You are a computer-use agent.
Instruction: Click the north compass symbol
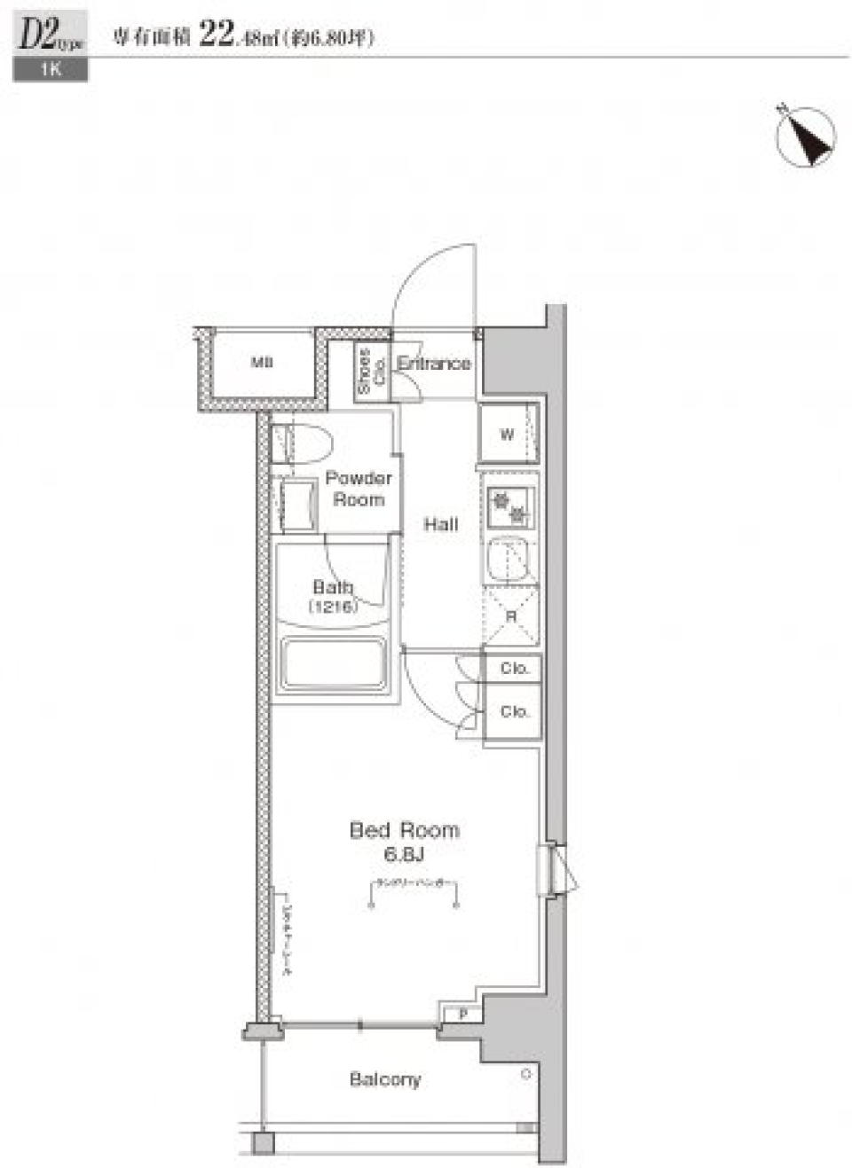tap(805, 137)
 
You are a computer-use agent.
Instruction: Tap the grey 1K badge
tap(51, 70)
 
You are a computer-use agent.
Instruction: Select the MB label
tap(262, 362)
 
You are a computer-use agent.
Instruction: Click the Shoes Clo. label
tap(371, 371)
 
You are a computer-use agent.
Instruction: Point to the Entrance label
tap(433, 363)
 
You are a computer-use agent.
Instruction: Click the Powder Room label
tap(359, 489)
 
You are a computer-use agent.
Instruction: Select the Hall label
tap(440, 524)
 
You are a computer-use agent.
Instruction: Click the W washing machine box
tap(507, 434)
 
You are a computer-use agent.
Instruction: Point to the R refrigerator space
tap(511, 616)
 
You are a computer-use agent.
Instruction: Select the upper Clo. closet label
tap(514, 668)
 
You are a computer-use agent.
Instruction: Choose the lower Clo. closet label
tap(514, 711)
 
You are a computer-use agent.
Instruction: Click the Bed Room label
tap(404, 830)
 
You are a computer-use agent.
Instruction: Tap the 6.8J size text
tap(404, 854)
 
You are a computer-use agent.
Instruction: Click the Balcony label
tap(384, 1079)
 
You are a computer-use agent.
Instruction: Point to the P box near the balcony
tap(462, 1014)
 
